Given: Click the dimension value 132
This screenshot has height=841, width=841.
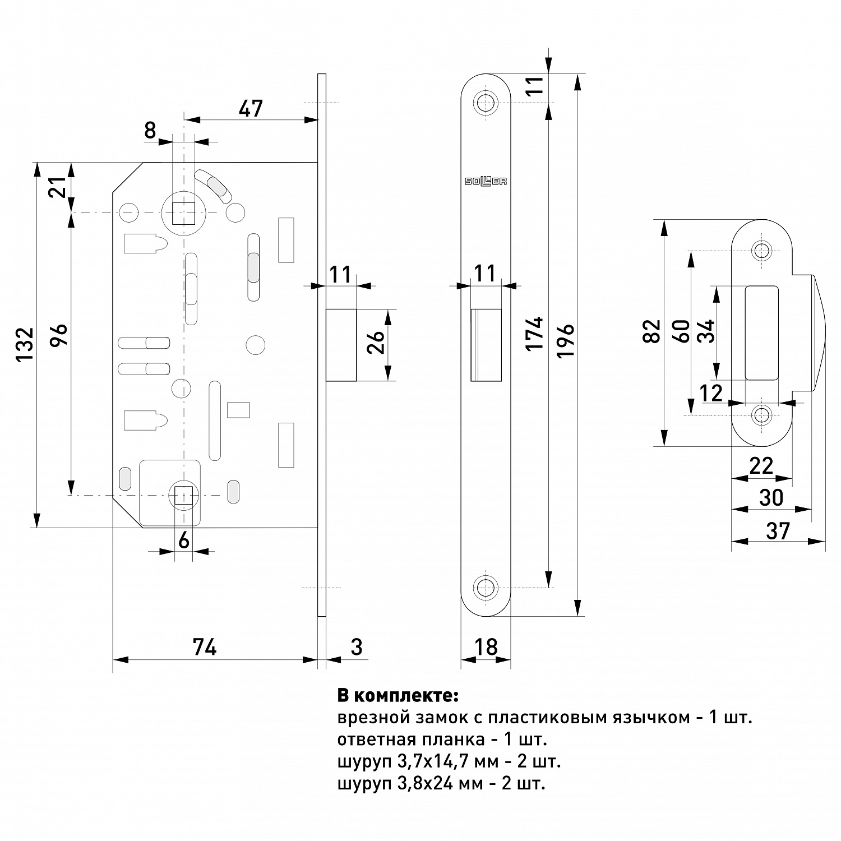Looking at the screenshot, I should [26, 344].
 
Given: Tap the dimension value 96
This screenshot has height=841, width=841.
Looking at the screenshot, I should [59, 336].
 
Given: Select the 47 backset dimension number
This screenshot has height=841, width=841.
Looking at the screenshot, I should [250, 108].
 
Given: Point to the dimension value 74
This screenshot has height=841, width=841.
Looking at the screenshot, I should [205, 647].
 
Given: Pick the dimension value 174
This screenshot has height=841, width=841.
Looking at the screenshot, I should [535, 334].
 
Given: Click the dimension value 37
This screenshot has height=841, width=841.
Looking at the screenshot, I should [778, 531].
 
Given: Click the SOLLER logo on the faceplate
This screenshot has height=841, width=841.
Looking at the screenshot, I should [486, 181].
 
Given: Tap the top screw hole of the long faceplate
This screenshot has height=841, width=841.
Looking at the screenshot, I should [486, 101].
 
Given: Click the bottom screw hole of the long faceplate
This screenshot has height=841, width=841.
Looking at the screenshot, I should [486, 588].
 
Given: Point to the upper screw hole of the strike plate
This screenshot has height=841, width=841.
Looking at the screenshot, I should [761, 251].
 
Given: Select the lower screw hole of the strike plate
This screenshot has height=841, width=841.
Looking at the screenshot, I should [761, 415].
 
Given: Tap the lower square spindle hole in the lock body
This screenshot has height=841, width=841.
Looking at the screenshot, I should [183, 495].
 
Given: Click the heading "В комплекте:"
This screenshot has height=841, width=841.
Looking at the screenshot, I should [398, 696].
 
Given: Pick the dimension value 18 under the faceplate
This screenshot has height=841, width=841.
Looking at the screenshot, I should [486, 646].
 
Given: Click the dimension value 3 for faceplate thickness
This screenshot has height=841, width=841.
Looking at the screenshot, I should [357, 647].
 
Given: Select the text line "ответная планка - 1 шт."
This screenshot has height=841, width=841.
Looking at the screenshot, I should [442, 740].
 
